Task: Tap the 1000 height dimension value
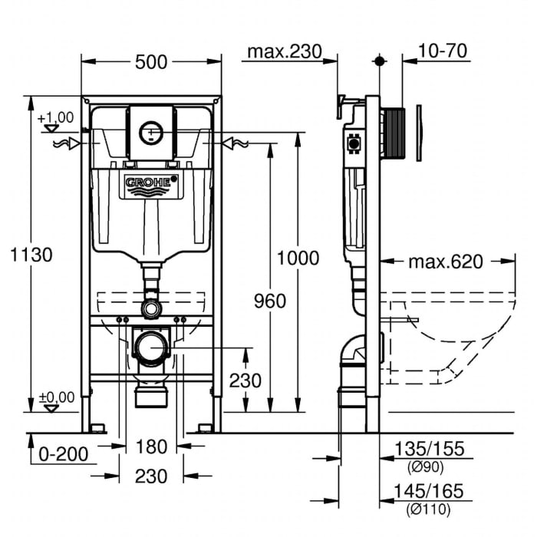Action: click(298, 258)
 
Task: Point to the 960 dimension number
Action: click(270, 301)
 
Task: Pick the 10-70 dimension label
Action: click(444, 51)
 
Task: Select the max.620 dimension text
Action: click(446, 262)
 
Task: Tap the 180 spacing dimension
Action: click(151, 447)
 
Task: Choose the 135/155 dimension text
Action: click(429, 450)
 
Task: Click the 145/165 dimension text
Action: click(429, 492)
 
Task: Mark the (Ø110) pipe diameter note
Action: click(428, 509)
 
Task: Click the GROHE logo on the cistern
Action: click(151, 185)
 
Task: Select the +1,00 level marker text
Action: click(56, 117)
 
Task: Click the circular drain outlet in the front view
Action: click(151, 348)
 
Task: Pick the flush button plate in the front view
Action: click(151, 132)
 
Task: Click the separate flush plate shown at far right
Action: click(419, 132)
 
